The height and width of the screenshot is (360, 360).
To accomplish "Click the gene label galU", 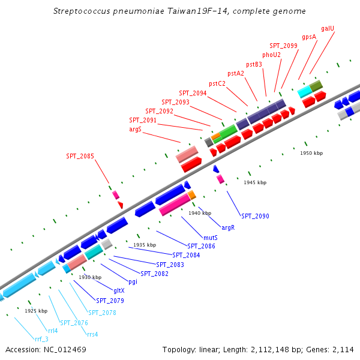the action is point(327,28).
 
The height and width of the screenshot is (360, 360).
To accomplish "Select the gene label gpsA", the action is point(309,37).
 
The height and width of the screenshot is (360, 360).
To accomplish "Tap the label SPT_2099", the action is point(283,46).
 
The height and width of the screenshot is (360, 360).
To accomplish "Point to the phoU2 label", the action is point(271,55).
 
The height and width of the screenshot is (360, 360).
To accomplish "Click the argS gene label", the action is point(135,129).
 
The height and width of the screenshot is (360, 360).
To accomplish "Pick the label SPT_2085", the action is point(80,157).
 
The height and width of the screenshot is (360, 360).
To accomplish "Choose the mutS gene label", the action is point(210,238).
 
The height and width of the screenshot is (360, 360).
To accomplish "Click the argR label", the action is point(228,228).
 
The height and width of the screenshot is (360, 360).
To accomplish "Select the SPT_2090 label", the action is point(255,216).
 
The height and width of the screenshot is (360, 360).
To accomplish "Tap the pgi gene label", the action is point(133,281).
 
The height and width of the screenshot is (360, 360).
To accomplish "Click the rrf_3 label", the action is point(41,339).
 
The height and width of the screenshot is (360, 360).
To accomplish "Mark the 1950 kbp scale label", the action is point(311,153).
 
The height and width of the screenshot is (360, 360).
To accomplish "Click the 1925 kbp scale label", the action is point(36,311).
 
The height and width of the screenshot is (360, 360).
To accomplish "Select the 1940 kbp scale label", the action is point(200,213).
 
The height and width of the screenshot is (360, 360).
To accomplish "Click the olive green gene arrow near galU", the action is point(316,85).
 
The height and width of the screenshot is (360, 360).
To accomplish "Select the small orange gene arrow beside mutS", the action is point(192,195).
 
